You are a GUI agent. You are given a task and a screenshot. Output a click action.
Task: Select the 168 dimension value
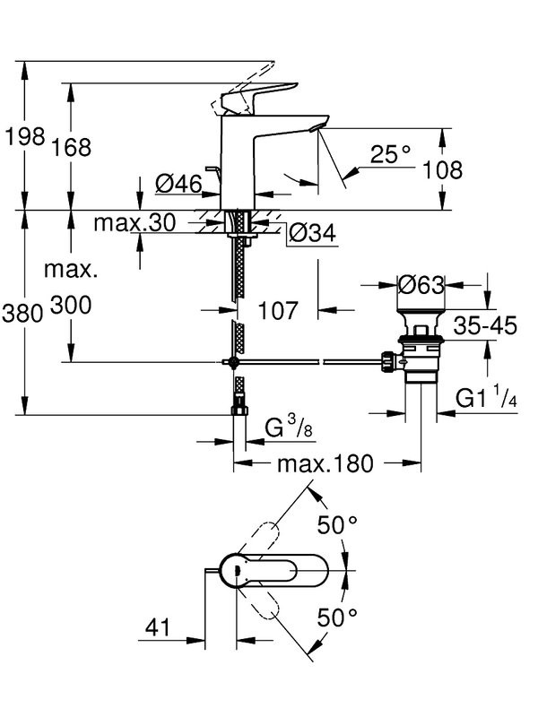click(72, 148)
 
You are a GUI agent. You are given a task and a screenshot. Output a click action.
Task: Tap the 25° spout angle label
click(389, 155)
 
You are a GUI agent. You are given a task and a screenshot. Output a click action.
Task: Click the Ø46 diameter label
click(176, 185)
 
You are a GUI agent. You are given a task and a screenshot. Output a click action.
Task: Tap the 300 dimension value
click(72, 306)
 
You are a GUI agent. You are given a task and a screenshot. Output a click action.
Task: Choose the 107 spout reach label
click(279, 311)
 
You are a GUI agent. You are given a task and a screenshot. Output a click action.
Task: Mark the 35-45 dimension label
click(484, 326)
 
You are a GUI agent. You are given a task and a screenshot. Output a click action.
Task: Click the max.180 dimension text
click(325, 463)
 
